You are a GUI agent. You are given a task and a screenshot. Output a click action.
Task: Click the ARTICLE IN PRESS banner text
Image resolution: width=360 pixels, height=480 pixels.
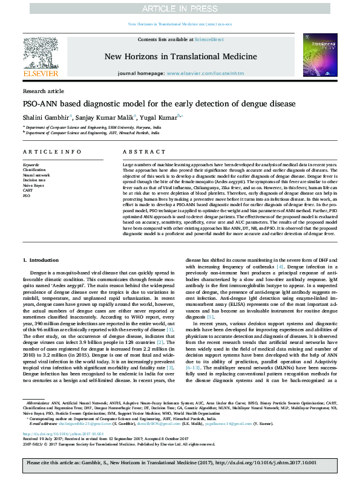pyautogui.click(x=180, y=8)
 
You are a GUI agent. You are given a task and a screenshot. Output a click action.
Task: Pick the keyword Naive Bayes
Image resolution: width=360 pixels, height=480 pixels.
pyautogui.click(x=33, y=185)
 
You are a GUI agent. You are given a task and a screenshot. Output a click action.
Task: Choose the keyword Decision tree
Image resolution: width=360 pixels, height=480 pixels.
pyautogui.click(x=34, y=180)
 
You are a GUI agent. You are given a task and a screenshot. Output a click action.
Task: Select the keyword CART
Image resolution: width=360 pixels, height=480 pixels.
pyautogui.click(x=28, y=190)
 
